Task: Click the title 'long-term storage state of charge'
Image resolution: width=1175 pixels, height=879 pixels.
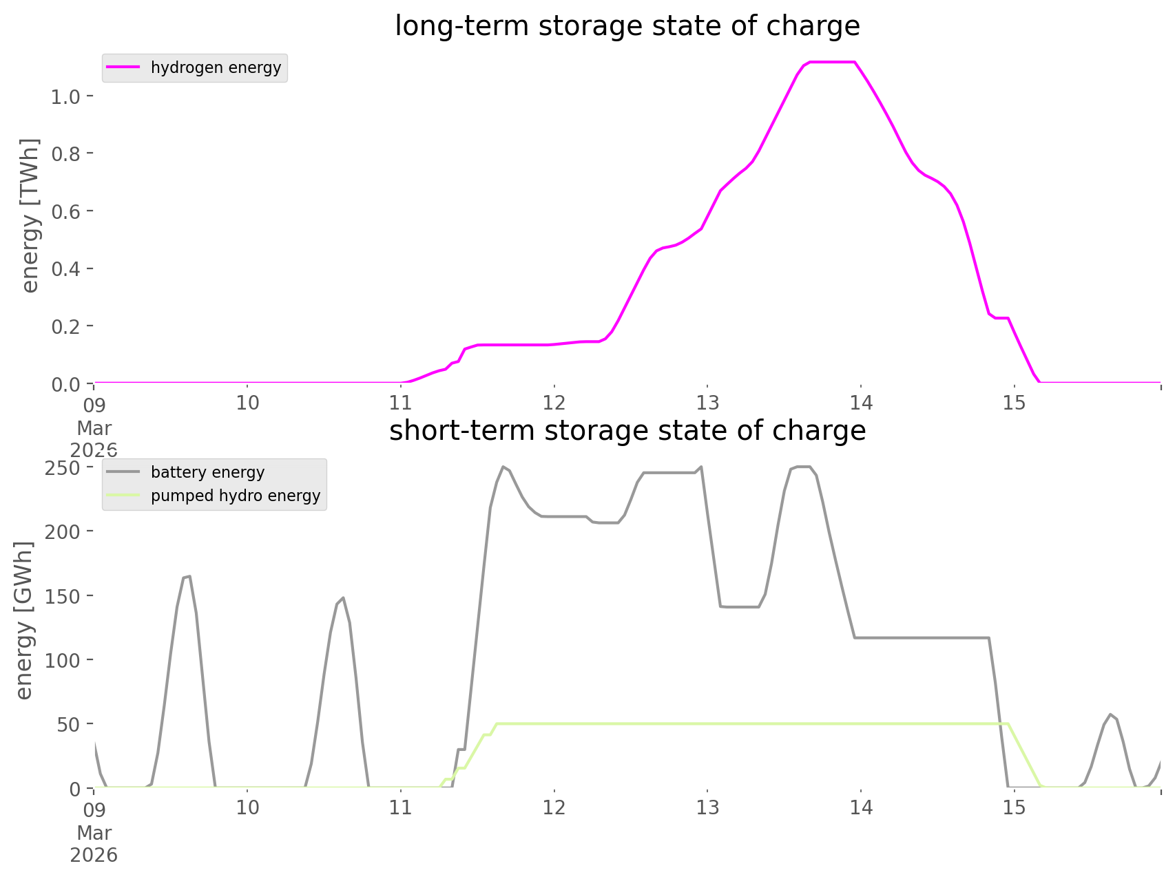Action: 627,26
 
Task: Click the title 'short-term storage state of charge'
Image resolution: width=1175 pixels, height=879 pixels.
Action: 627,431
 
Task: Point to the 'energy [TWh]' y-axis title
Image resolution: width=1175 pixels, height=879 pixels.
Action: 30,216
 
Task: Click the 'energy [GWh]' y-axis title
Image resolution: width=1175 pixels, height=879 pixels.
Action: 24,621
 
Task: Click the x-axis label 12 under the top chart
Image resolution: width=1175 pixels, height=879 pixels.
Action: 554,403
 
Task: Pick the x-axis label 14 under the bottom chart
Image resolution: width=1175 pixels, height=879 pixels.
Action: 861,807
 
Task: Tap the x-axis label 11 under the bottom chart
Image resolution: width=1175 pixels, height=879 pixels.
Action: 400,807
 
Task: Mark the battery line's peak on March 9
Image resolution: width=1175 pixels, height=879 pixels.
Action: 186,577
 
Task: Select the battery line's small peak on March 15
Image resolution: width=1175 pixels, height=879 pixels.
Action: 1110,714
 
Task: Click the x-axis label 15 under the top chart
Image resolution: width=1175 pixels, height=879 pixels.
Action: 1014,403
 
